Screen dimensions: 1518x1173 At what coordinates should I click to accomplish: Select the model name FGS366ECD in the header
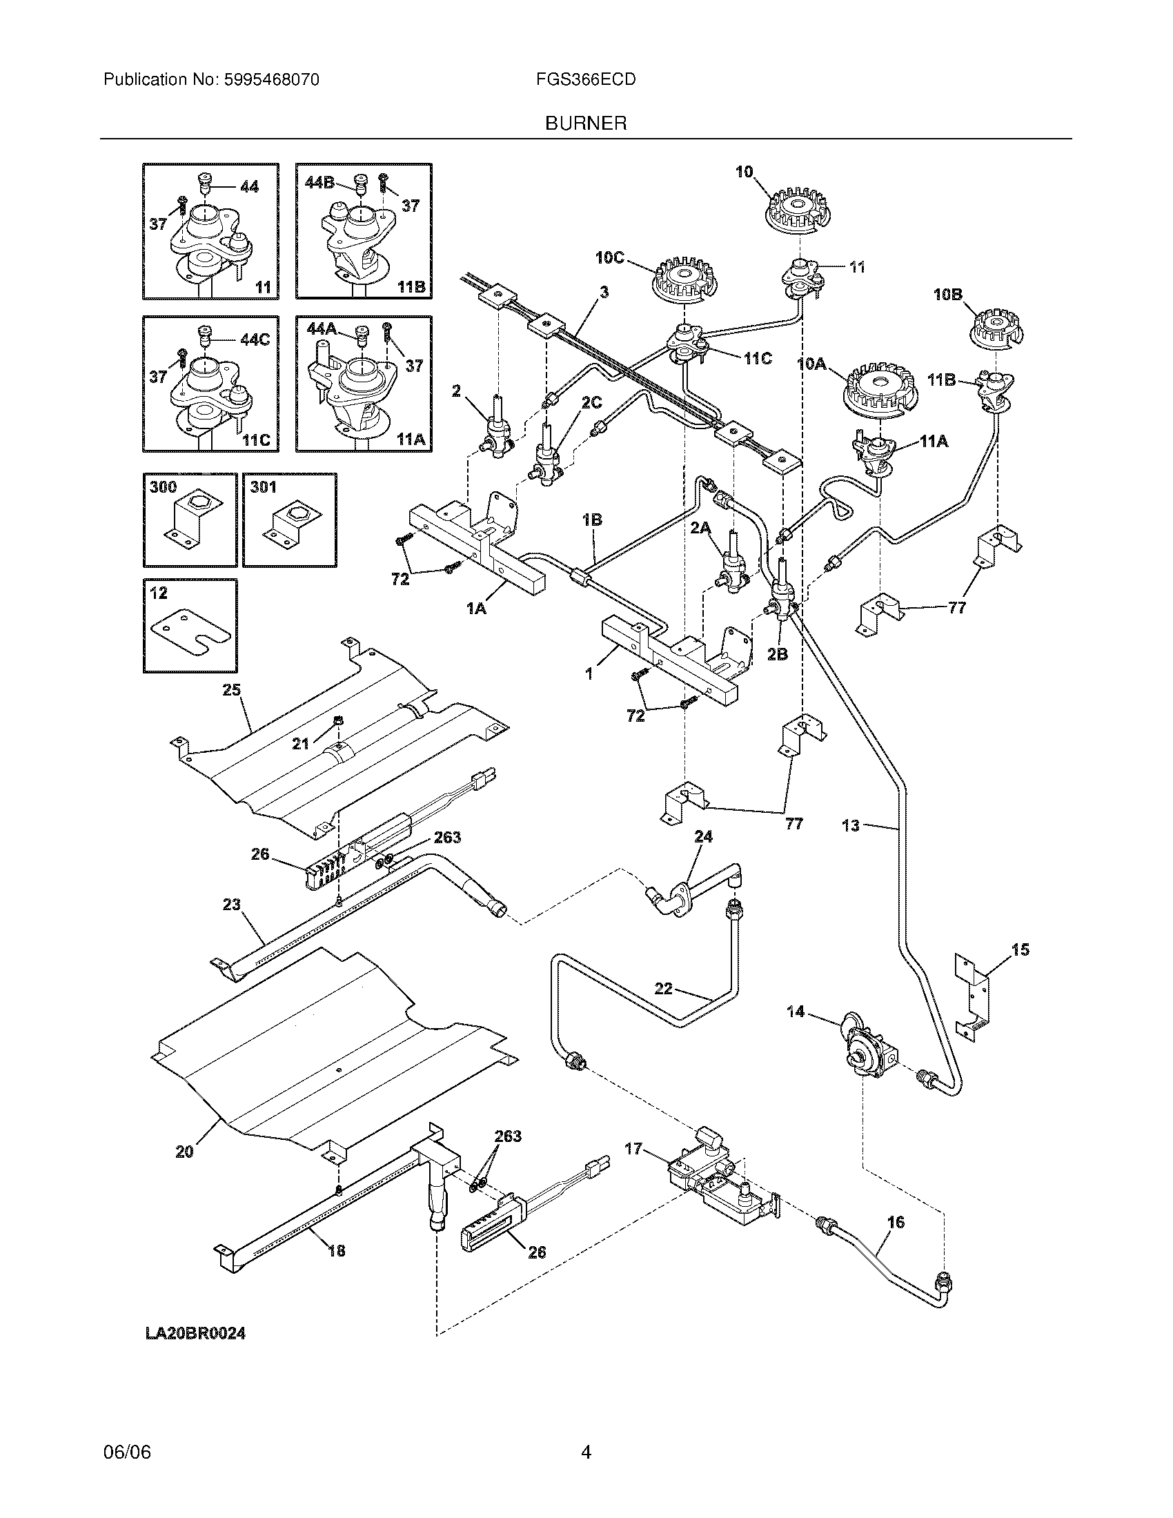tap(585, 80)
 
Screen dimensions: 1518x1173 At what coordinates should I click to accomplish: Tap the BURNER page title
tap(585, 124)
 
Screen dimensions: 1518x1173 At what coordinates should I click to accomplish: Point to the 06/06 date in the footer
tap(127, 1471)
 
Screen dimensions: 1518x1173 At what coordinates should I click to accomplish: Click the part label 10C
tap(609, 258)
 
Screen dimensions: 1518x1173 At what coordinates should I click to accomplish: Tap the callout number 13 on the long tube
tap(851, 826)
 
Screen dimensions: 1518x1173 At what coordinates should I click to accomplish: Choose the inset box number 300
tap(164, 486)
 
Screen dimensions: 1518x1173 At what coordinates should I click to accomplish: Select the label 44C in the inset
tap(255, 339)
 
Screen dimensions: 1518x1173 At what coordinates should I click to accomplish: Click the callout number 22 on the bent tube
tap(663, 987)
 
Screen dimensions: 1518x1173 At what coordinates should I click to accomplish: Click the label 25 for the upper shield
tap(231, 689)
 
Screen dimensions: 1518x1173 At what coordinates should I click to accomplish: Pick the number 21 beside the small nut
tap(300, 745)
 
